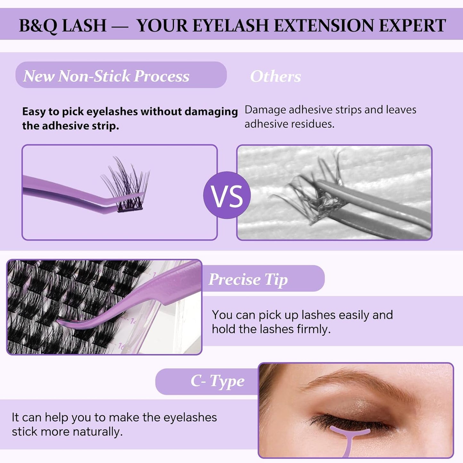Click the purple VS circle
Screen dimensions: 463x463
227,195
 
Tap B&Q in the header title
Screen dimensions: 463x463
38,26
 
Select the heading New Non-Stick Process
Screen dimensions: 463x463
106,76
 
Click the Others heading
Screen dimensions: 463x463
275,76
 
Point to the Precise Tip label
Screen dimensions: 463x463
248,279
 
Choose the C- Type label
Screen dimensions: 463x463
217,381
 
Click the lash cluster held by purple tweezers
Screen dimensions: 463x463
127,189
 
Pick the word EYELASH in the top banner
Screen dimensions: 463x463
231,26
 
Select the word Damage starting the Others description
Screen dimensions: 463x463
265,110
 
